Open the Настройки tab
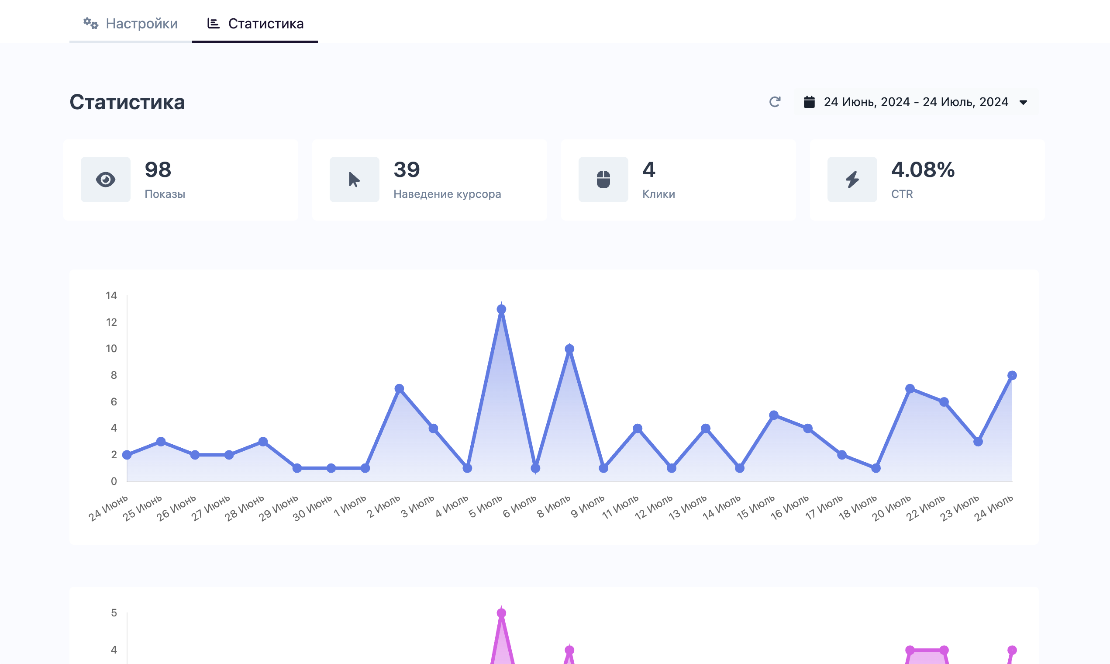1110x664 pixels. pyautogui.click(x=131, y=23)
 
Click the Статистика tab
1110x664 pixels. pyautogui.click(x=255, y=23)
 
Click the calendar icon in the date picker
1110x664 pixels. pyautogui.click(x=809, y=102)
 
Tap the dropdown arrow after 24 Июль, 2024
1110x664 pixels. pyautogui.click(x=1023, y=103)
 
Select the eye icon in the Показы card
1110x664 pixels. pyautogui.click(x=106, y=180)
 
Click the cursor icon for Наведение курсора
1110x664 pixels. pyautogui.click(x=354, y=180)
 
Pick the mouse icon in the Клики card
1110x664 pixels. pyautogui.click(x=603, y=180)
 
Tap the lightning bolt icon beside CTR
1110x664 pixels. pyautogui.click(x=852, y=180)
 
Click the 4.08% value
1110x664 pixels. pyautogui.click(x=923, y=169)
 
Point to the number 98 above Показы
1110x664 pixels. pyautogui.click(x=158, y=169)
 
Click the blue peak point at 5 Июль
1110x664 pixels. pyautogui.click(x=501, y=309)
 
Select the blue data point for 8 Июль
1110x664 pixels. pyautogui.click(x=569, y=349)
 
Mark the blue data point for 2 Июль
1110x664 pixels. pyautogui.click(x=400, y=388)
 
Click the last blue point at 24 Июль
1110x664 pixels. pyautogui.click(x=1012, y=375)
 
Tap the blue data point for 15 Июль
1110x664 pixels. pyautogui.click(x=774, y=415)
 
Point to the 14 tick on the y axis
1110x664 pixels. pyautogui.click(x=111, y=296)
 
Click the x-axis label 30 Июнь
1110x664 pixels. pyautogui.click(x=312, y=508)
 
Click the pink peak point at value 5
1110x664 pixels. pyautogui.click(x=501, y=613)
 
